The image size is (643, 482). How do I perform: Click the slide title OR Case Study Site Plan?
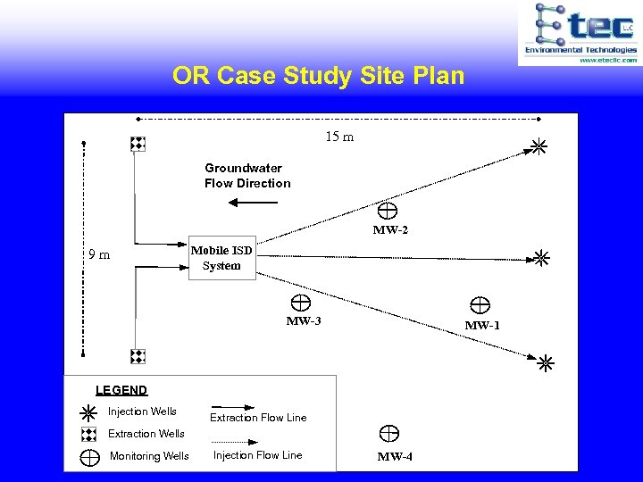(x=319, y=76)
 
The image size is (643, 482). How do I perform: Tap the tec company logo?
(x=580, y=32)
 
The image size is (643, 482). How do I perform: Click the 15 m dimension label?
(x=339, y=137)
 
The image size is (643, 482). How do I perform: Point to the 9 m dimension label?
(x=99, y=254)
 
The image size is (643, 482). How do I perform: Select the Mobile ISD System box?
(x=221, y=258)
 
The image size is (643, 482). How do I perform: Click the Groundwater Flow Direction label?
(x=247, y=176)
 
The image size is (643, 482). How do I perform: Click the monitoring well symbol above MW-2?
(x=388, y=211)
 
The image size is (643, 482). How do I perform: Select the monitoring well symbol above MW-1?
(x=480, y=305)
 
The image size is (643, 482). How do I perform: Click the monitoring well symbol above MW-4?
(x=389, y=435)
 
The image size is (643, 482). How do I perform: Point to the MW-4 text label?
(x=395, y=457)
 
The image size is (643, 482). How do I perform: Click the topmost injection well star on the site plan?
(x=539, y=146)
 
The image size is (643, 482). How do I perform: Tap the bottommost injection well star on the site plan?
(x=545, y=363)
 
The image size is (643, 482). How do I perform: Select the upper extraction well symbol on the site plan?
(x=138, y=144)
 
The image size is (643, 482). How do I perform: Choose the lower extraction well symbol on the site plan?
(x=138, y=356)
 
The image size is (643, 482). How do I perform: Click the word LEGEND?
(x=121, y=390)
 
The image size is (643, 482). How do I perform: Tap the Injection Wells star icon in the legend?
(x=88, y=413)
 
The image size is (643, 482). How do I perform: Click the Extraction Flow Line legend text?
(x=258, y=418)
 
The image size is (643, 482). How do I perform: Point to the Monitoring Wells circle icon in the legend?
(x=90, y=457)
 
